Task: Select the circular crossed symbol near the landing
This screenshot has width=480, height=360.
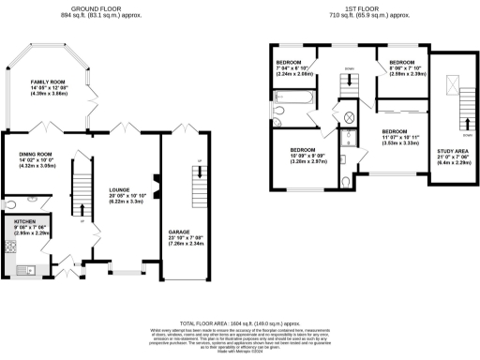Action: coord(351,118)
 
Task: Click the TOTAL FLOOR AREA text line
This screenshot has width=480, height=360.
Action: coord(239,321)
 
